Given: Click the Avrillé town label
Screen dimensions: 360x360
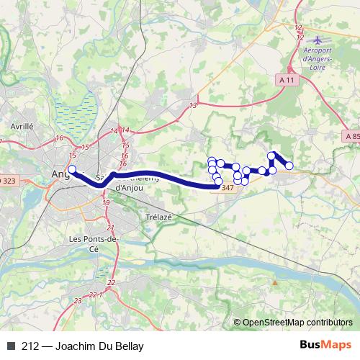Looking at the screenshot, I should click(22, 125).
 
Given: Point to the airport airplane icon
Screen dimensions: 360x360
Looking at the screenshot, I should click(320, 37).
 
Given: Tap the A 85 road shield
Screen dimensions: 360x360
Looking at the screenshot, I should click(351, 135).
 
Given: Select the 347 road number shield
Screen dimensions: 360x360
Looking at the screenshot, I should click(227, 188).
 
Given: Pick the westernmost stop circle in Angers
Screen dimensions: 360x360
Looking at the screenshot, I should click(71, 170).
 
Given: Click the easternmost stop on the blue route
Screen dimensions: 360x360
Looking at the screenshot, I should click(289, 166).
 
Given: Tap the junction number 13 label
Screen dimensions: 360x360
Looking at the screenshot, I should click(193, 106).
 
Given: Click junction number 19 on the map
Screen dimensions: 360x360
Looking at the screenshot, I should click(106, 204).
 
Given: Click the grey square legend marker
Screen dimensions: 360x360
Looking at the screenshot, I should click(10, 346).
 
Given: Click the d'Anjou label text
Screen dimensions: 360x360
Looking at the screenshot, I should click(130, 188).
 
